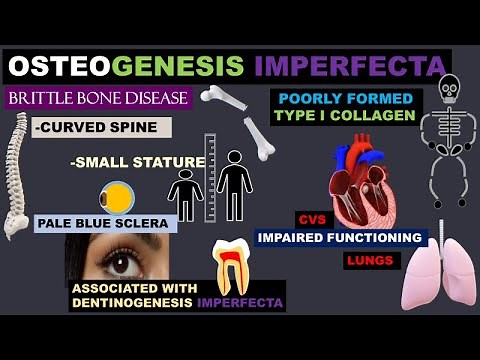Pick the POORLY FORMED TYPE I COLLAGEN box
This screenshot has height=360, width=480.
coord(345,108)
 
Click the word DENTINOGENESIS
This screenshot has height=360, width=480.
coord(132,301)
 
